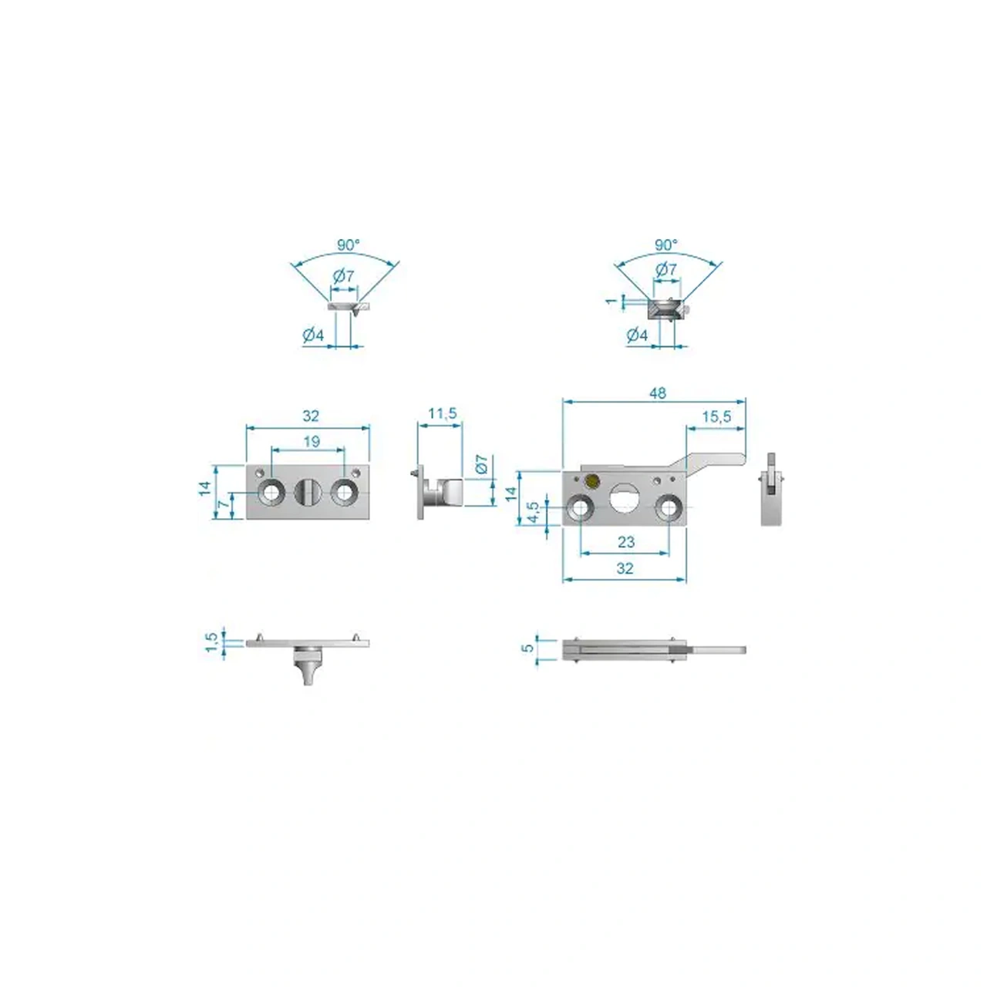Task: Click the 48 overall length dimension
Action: click(x=657, y=392)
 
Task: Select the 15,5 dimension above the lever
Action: click(x=716, y=416)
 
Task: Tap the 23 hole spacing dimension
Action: click(x=626, y=542)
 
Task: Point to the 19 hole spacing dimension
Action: click(x=312, y=441)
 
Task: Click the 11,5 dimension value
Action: click(x=442, y=413)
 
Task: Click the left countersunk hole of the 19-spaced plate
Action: click(x=271, y=493)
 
